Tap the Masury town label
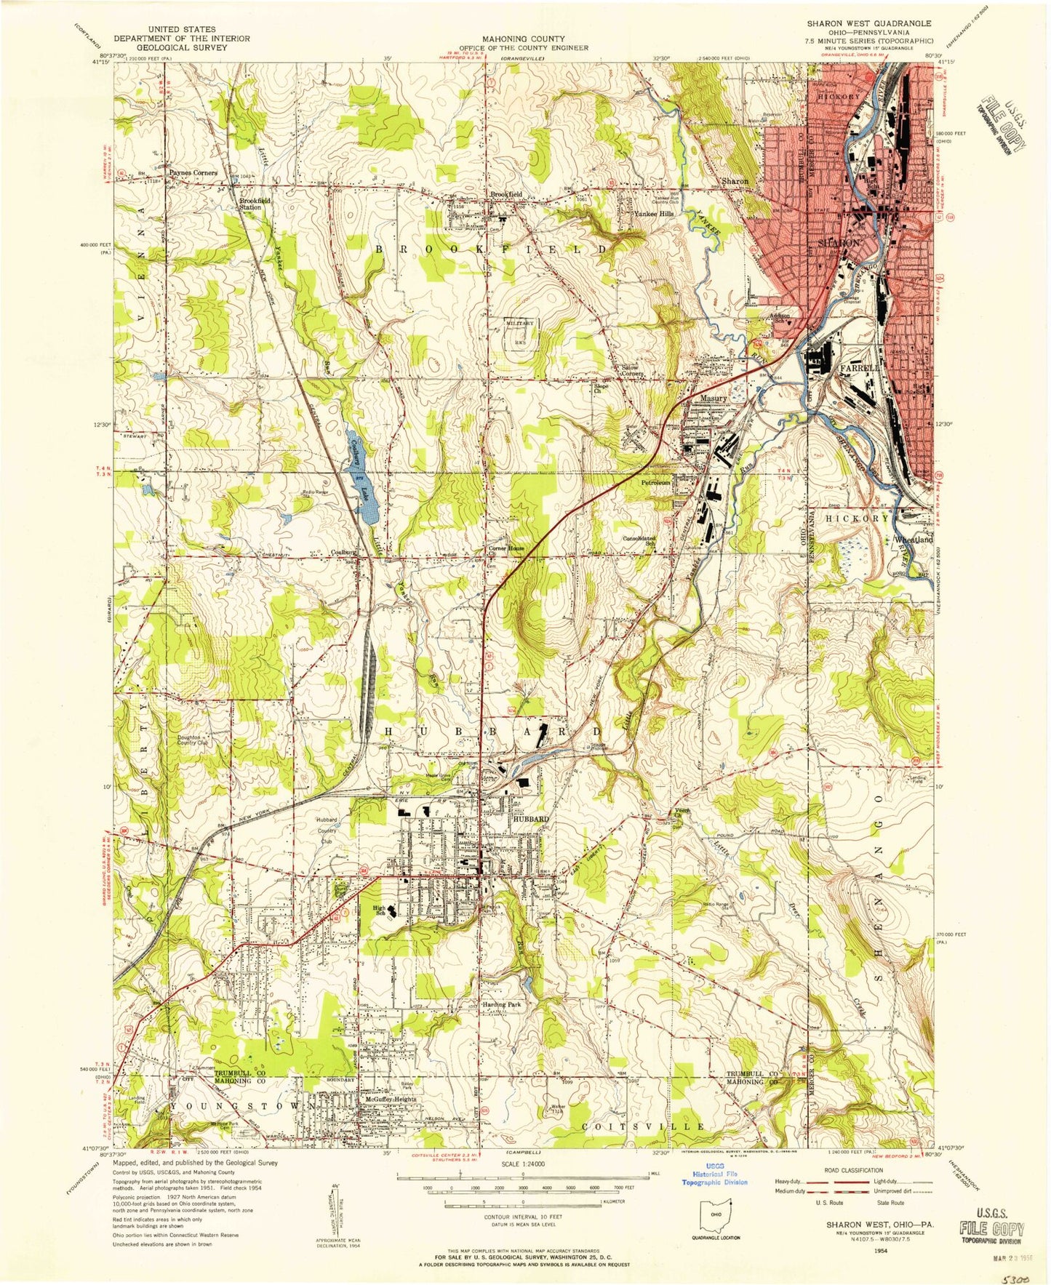[x=714, y=399]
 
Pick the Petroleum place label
[x=654, y=482]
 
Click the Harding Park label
[x=502, y=1005]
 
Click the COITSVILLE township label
[x=643, y=1126]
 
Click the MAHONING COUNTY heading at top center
[x=524, y=39]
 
